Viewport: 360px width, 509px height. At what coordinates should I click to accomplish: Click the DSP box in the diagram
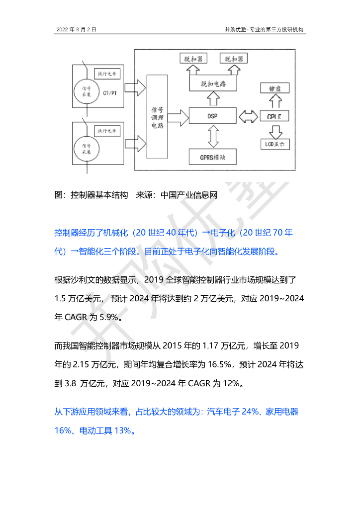pos(212,116)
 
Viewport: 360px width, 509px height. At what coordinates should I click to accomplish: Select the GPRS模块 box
pos(212,157)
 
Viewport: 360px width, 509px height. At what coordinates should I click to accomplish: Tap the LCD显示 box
pos(275,145)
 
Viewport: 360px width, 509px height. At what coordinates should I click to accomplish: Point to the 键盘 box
pos(275,89)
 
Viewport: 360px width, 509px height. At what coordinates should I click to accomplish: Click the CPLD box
pos(275,116)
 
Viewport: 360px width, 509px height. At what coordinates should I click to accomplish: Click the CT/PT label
pos(110,93)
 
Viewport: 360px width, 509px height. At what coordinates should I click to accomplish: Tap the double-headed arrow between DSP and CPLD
pos(247,117)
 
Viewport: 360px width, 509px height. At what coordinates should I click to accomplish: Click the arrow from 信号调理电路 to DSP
pos(178,117)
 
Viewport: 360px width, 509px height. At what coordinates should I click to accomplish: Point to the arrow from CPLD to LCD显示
pos(275,131)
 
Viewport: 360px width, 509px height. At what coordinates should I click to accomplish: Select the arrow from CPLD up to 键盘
pos(275,102)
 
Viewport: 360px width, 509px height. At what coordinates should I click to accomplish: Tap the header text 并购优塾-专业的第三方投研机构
pos(265,30)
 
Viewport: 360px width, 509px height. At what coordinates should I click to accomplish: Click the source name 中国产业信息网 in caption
pos(189,195)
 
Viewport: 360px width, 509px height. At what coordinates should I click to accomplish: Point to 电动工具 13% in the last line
pos(105,430)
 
